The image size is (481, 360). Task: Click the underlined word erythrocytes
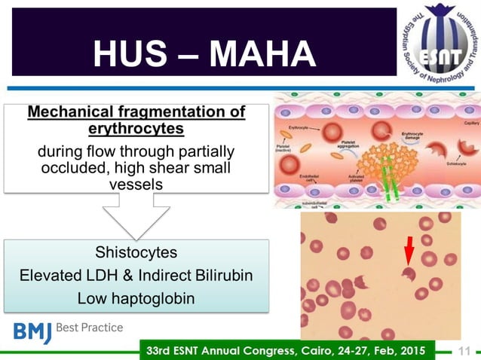[136, 128]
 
